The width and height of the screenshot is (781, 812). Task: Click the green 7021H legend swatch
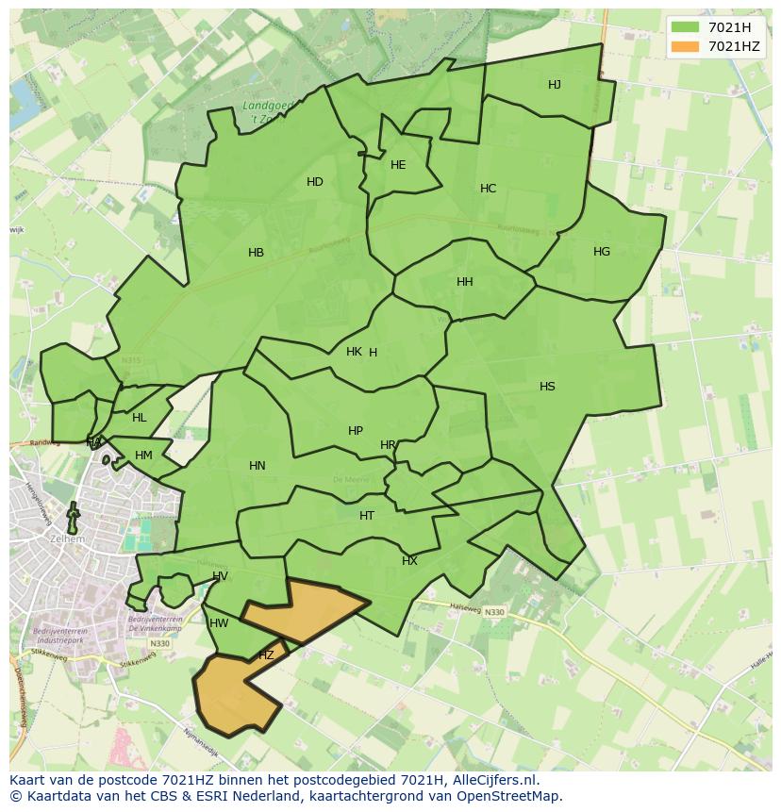tap(686, 27)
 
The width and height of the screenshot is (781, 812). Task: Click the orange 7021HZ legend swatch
tap(686, 46)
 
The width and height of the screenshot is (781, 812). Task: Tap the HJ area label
tap(555, 85)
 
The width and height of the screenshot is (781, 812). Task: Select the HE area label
tap(398, 165)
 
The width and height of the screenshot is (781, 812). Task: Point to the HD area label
tap(315, 182)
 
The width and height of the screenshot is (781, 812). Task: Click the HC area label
tap(488, 189)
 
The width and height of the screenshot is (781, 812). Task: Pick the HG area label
tap(602, 252)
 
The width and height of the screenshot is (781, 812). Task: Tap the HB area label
tap(256, 253)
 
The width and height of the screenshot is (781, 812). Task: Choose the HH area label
tap(465, 282)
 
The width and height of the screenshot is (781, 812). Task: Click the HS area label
tap(547, 387)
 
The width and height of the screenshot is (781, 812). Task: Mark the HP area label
tap(356, 431)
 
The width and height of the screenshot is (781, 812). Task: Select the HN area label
tap(258, 466)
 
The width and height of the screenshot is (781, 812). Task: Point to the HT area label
tap(367, 516)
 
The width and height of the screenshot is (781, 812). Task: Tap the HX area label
tap(409, 561)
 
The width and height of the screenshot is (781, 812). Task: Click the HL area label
tap(140, 418)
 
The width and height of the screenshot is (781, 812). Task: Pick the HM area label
tap(143, 456)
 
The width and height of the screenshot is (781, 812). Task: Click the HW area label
tap(219, 623)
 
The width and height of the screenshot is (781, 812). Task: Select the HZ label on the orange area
tap(266, 655)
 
